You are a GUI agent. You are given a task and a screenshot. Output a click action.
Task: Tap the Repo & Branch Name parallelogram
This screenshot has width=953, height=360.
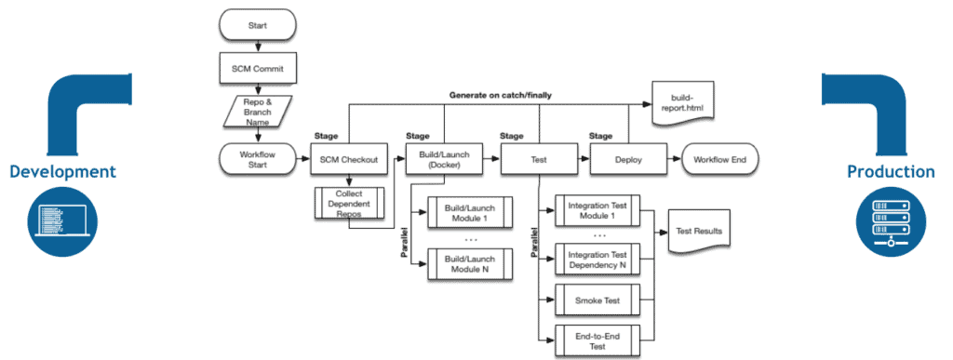[x=255, y=113]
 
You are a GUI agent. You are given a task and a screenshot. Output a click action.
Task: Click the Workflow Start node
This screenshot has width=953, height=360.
[x=255, y=159]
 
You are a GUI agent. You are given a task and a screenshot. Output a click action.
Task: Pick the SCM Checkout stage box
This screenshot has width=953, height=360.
[x=348, y=159]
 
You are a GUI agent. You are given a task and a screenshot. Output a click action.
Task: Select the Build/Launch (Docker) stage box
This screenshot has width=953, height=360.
[x=443, y=159]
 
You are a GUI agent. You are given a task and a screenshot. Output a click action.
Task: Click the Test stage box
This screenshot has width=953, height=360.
[x=538, y=159]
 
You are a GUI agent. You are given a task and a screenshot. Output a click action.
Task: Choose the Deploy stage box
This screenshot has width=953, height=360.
[x=628, y=159]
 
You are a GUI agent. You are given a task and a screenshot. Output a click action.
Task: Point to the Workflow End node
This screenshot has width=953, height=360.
[x=720, y=159]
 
